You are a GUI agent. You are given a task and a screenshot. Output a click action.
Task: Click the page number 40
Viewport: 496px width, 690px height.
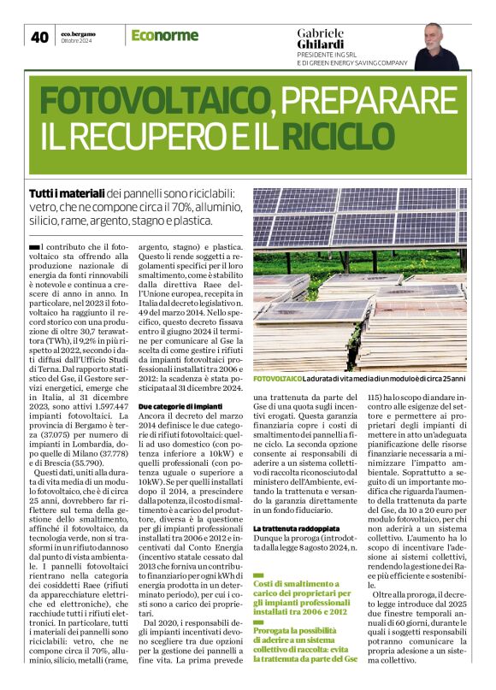[39, 37]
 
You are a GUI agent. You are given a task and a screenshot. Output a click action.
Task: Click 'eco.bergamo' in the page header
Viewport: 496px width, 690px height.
[78, 32]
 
